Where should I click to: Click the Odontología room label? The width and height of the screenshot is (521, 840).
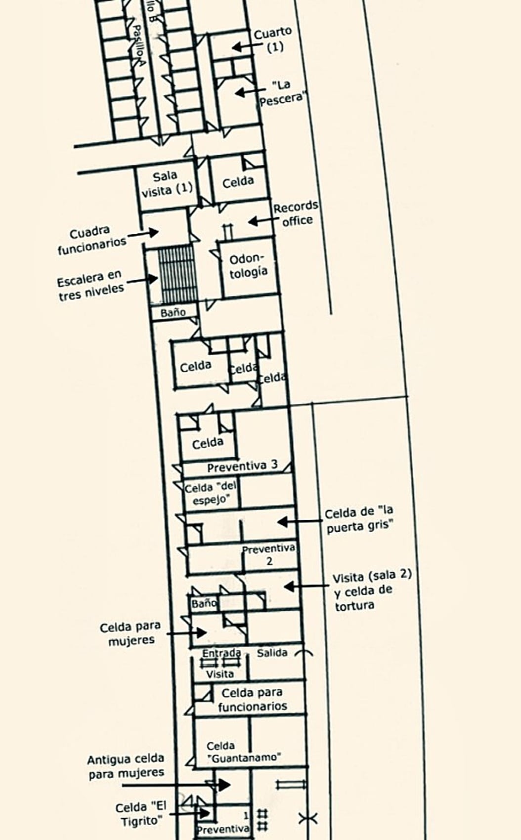(x=248, y=265)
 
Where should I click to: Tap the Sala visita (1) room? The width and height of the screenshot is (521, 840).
(x=167, y=184)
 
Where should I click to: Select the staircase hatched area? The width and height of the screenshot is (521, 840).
(x=176, y=274)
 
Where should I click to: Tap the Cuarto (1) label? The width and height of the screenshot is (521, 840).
(x=273, y=40)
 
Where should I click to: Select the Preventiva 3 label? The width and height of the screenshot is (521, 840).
(x=242, y=466)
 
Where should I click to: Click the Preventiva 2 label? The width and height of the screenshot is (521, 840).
(x=269, y=554)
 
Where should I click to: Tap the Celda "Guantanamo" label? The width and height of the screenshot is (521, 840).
(x=244, y=751)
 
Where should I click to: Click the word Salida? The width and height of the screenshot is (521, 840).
(x=272, y=653)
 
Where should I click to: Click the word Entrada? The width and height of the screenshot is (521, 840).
(x=221, y=653)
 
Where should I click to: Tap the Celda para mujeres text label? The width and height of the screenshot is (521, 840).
(x=130, y=633)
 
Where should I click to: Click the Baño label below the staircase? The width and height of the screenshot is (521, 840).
(x=173, y=312)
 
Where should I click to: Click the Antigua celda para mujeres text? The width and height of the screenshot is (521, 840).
(x=126, y=766)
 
